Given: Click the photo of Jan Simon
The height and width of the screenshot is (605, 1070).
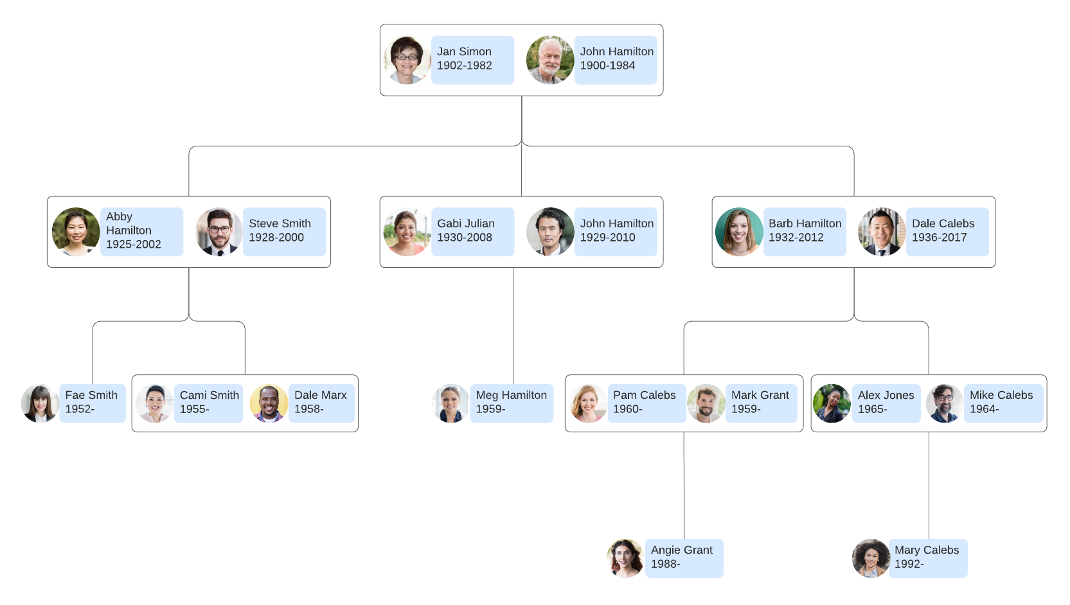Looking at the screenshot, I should [x=407, y=60].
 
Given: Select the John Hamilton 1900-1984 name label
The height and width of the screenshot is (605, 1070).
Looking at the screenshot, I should [x=615, y=59].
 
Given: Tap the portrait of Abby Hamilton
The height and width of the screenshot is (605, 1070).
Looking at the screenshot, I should [x=76, y=232].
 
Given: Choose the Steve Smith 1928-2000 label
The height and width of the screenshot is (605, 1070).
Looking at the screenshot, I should [x=284, y=231].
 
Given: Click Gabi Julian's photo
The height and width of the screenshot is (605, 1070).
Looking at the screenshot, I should [x=407, y=232].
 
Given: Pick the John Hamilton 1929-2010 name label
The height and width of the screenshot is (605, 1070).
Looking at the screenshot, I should [x=615, y=231].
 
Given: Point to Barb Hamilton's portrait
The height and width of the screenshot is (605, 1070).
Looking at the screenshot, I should [x=739, y=232].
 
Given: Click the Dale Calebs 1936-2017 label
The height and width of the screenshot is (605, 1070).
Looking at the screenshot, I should [x=947, y=231].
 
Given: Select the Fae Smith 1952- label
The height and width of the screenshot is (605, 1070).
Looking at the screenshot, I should [x=92, y=403].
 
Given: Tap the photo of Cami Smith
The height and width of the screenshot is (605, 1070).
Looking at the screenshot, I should [x=155, y=403].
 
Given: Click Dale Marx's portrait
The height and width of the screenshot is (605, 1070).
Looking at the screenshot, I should [x=269, y=403].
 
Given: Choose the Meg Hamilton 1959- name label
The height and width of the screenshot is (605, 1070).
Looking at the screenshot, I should [x=511, y=403].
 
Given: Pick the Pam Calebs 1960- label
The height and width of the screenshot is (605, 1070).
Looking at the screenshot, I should [x=646, y=403].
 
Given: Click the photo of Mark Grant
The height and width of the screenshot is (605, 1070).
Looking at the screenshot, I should [x=706, y=403].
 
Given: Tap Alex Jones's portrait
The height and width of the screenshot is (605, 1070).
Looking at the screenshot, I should [x=832, y=403].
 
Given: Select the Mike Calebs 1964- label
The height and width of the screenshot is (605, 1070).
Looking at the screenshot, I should [x=1003, y=403].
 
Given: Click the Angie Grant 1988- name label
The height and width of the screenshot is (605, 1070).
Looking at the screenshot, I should [x=684, y=557].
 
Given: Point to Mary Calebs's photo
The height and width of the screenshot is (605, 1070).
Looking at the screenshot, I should [x=871, y=558].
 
